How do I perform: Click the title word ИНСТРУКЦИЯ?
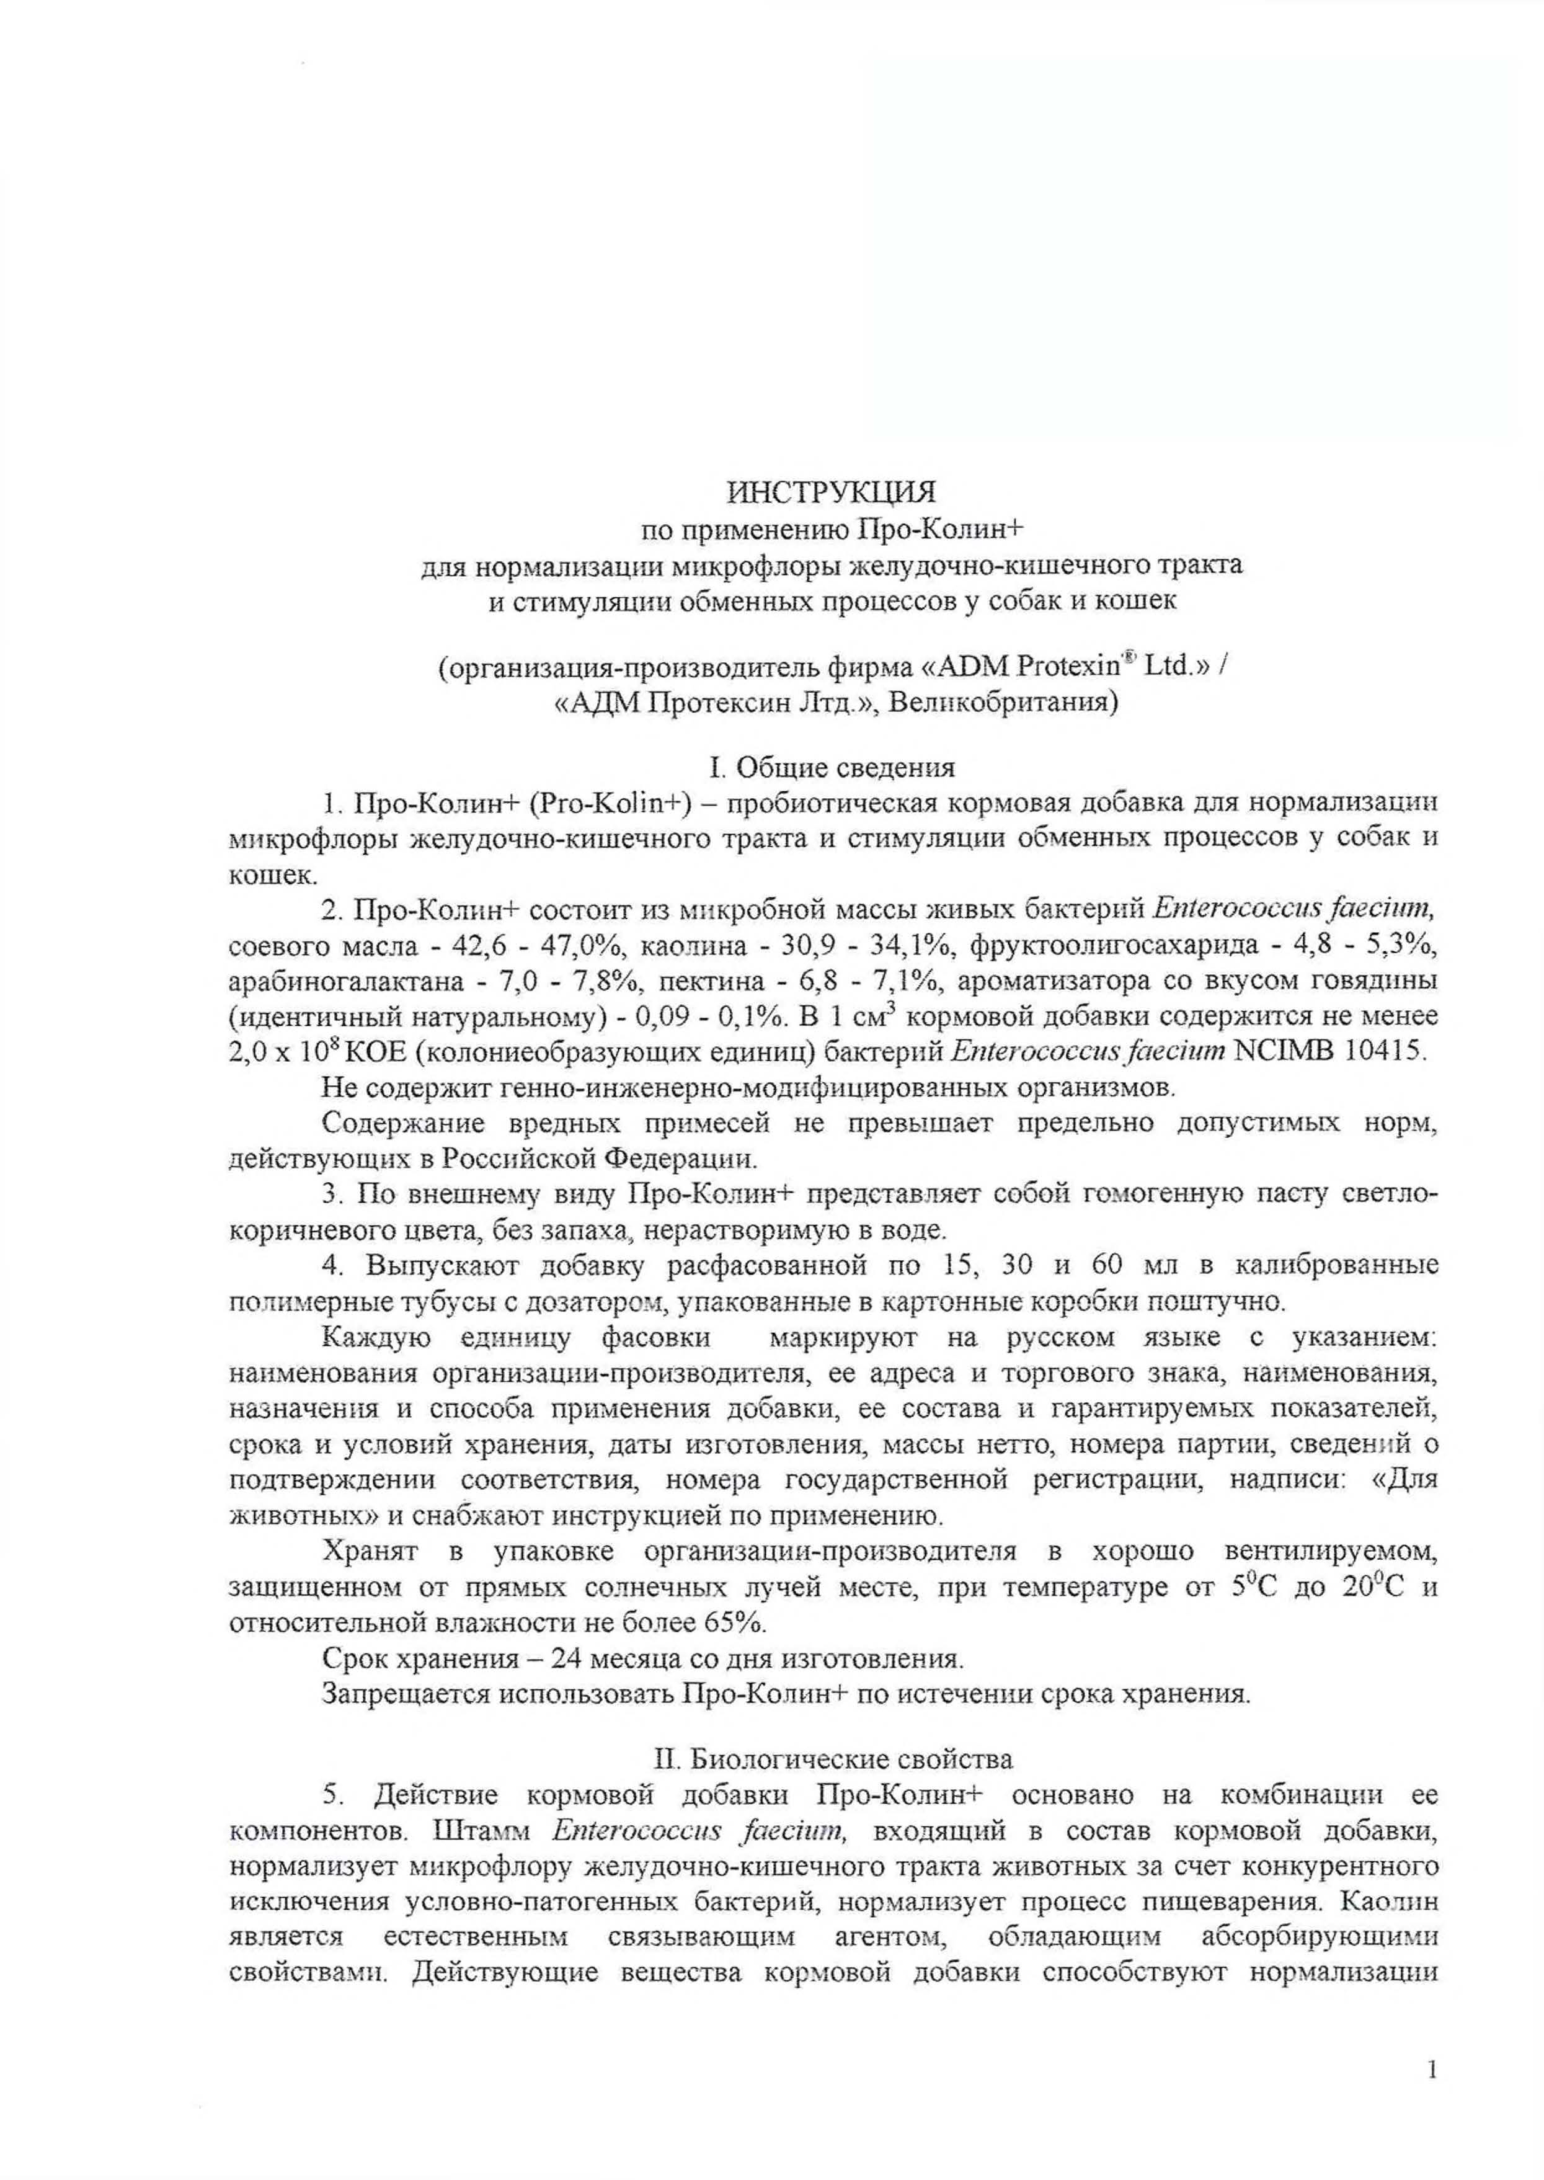(x=831, y=492)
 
